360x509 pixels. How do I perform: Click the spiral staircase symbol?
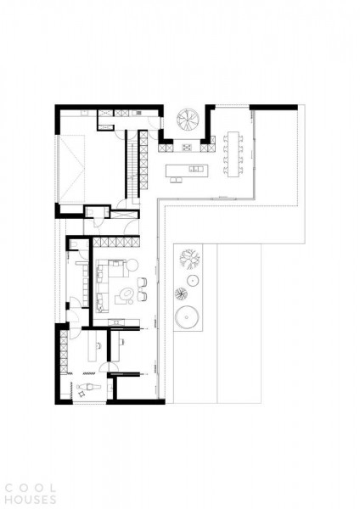tap(188, 120)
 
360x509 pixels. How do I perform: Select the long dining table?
tap(233, 154)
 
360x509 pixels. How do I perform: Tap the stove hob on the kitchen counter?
tap(187, 148)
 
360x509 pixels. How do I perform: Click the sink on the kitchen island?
tap(195, 169)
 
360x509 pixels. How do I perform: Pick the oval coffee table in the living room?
tap(126, 294)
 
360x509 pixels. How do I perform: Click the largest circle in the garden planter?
tap(187, 316)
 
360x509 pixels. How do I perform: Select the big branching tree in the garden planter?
tap(189, 259)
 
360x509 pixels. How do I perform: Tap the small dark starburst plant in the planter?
tap(181, 294)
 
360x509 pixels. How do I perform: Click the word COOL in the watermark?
tap(31, 488)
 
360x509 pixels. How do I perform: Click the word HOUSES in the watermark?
tap(31, 500)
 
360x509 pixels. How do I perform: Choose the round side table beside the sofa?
tap(132, 265)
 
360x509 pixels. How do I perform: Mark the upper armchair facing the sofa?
tap(143, 282)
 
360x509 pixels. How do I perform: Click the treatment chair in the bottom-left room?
tap(88, 387)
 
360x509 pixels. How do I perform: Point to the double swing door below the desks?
tap(109, 367)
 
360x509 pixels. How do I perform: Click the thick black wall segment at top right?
tap(273, 108)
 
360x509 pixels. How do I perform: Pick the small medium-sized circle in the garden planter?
tap(193, 280)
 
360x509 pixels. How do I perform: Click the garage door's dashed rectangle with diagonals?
tap(72, 169)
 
